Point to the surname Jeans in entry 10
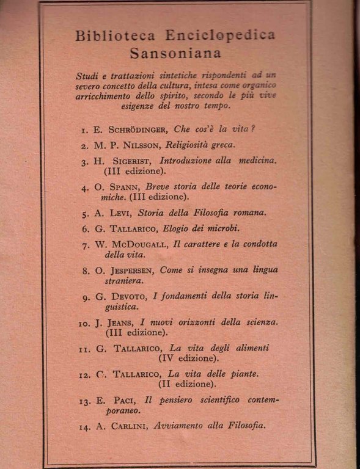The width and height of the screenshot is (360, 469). pyautogui.click(x=120, y=322)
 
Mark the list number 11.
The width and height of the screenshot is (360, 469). pyautogui.click(x=85, y=349)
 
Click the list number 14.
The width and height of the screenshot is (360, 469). pyautogui.click(x=85, y=427)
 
